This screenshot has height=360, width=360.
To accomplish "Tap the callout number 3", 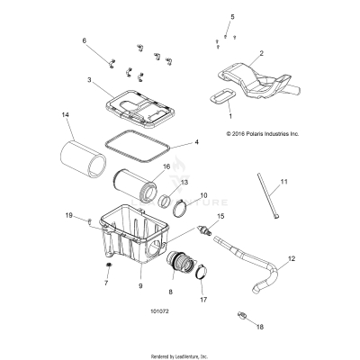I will (88, 81).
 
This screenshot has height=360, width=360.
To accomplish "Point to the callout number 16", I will (166, 166).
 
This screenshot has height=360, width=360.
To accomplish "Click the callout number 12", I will (290, 259).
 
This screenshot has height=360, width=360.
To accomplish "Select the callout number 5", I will (231, 17).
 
